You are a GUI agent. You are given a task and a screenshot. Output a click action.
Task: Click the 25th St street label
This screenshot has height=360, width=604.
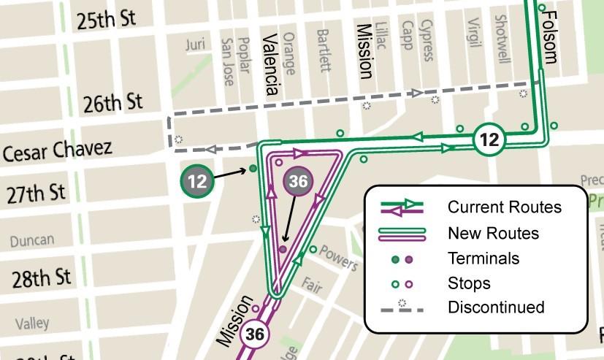click(107, 19)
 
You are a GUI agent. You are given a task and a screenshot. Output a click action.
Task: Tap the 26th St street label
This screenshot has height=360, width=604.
click(112, 103)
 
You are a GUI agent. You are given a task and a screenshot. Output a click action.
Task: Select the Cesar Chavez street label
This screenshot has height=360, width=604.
click(58, 152)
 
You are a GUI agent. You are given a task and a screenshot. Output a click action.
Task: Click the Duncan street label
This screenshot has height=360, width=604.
click(32, 240)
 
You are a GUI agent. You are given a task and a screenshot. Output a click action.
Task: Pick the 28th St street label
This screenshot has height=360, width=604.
click(42, 278)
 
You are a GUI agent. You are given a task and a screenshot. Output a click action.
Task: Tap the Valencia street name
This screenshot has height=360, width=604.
click(270, 65)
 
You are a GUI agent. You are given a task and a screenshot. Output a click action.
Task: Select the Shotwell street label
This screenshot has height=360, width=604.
click(501, 39)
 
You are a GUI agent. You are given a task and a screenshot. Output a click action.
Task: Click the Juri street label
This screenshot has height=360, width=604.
click(195, 45)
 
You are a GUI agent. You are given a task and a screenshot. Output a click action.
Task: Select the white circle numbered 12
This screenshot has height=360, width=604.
click(489, 139)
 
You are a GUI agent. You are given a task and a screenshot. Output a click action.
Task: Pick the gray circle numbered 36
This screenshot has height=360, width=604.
click(298, 181)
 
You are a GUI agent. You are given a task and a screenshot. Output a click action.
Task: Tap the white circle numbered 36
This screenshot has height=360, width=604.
click(255, 334)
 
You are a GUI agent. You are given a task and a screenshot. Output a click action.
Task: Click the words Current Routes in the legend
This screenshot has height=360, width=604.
click(505, 207)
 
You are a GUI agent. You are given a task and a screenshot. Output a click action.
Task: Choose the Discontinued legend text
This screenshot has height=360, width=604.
click(496, 307)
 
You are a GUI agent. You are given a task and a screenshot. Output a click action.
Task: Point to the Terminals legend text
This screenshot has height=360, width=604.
click(483, 258)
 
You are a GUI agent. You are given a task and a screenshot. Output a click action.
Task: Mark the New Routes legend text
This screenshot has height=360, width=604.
click(493, 234)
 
